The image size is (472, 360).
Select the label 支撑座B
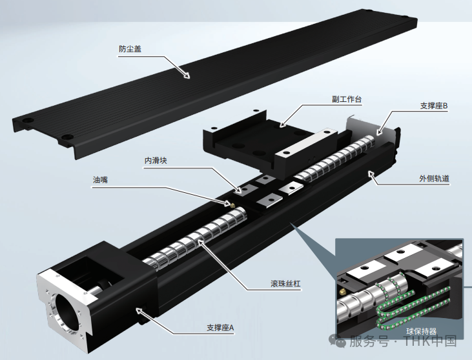tap(433, 105)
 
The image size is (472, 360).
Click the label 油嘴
tap(100, 181)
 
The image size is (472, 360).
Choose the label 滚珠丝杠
tap(283, 283)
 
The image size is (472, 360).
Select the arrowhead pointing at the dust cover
tap(187, 75)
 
